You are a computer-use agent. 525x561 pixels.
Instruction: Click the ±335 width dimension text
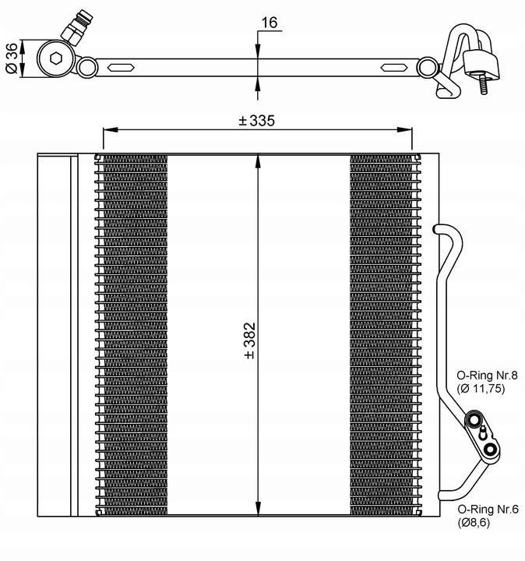[257, 122]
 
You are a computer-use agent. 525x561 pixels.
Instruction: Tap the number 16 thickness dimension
[270, 23]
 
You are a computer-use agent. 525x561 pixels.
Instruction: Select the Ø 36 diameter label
[12, 58]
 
